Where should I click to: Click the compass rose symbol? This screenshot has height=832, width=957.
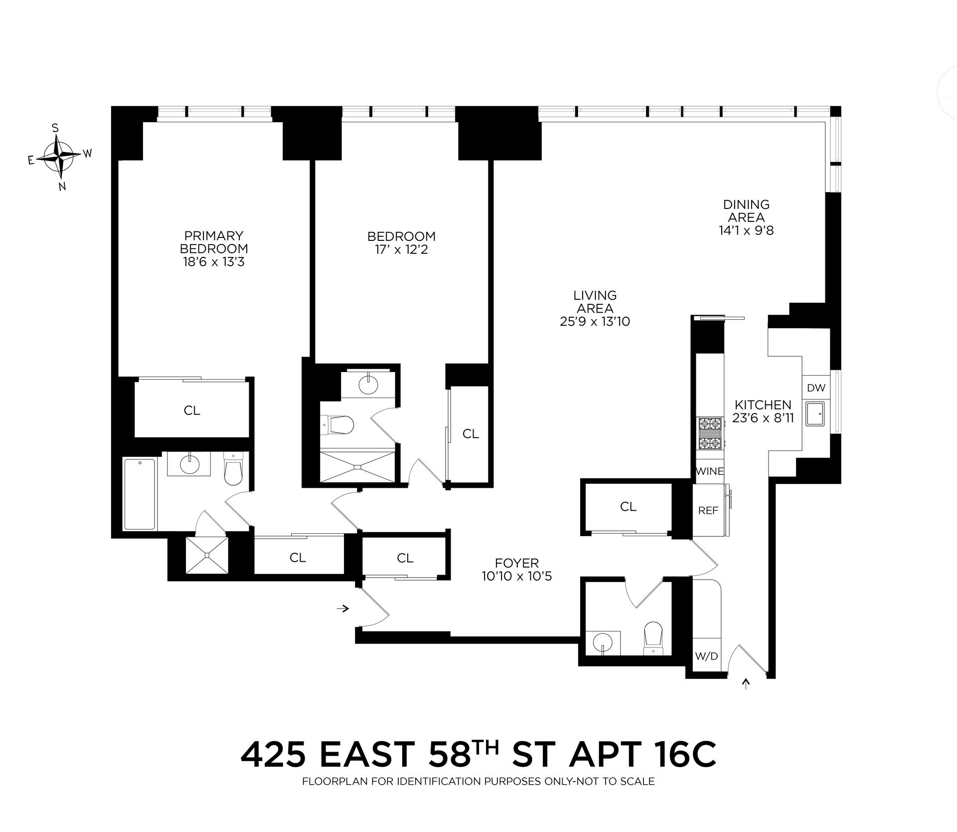(60, 156)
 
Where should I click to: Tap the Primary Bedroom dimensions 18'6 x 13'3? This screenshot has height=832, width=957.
(213, 262)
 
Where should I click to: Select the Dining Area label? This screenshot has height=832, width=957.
(746, 211)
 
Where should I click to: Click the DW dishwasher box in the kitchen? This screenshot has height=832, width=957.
(816, 388)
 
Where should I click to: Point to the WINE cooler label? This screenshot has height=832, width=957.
(709, 471)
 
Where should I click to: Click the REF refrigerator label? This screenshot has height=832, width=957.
(708, 510)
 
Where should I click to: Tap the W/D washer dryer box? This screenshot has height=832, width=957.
(706, 656)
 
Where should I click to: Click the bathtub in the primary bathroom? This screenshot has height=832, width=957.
(140, 494)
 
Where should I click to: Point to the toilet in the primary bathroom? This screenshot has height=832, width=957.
(232, 469)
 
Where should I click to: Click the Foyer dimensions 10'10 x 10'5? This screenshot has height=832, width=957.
(517, 576)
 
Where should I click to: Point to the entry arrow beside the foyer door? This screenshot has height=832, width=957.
(343, 608)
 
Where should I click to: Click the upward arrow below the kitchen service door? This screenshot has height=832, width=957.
(746, 684)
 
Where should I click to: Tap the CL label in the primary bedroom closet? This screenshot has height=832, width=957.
(192, 410)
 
